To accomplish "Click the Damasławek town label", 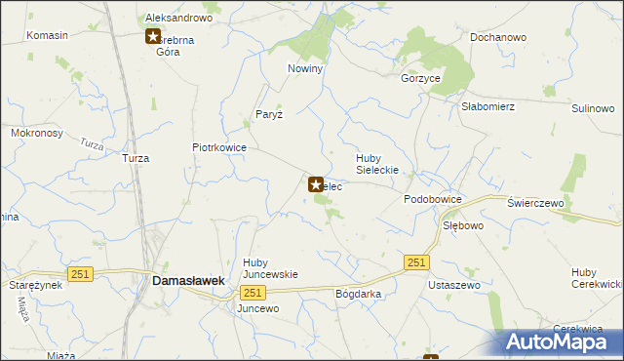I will pos(189,280).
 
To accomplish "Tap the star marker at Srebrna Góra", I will pos(153,37).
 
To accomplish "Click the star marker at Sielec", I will pos(316,183).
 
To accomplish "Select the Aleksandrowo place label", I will pos(178,18).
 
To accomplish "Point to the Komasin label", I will pos(48,35).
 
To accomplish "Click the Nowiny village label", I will pos(305,69).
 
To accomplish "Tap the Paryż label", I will pos(269,114).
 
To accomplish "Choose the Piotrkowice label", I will pos(219,147).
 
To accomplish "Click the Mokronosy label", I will pos(37,132).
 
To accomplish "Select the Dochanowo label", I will pos(498,37).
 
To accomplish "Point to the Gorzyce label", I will pos(421,77).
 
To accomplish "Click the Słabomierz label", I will pos(488,106).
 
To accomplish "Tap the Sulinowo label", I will pos(593,108).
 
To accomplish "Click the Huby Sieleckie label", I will pos(381,163).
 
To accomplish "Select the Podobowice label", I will pos(433,198).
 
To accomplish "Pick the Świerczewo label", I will pos(537,202).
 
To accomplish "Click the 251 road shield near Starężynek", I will pos(80,274).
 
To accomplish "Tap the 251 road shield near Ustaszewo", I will pos(416,262).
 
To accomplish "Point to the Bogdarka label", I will pos(358,294).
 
